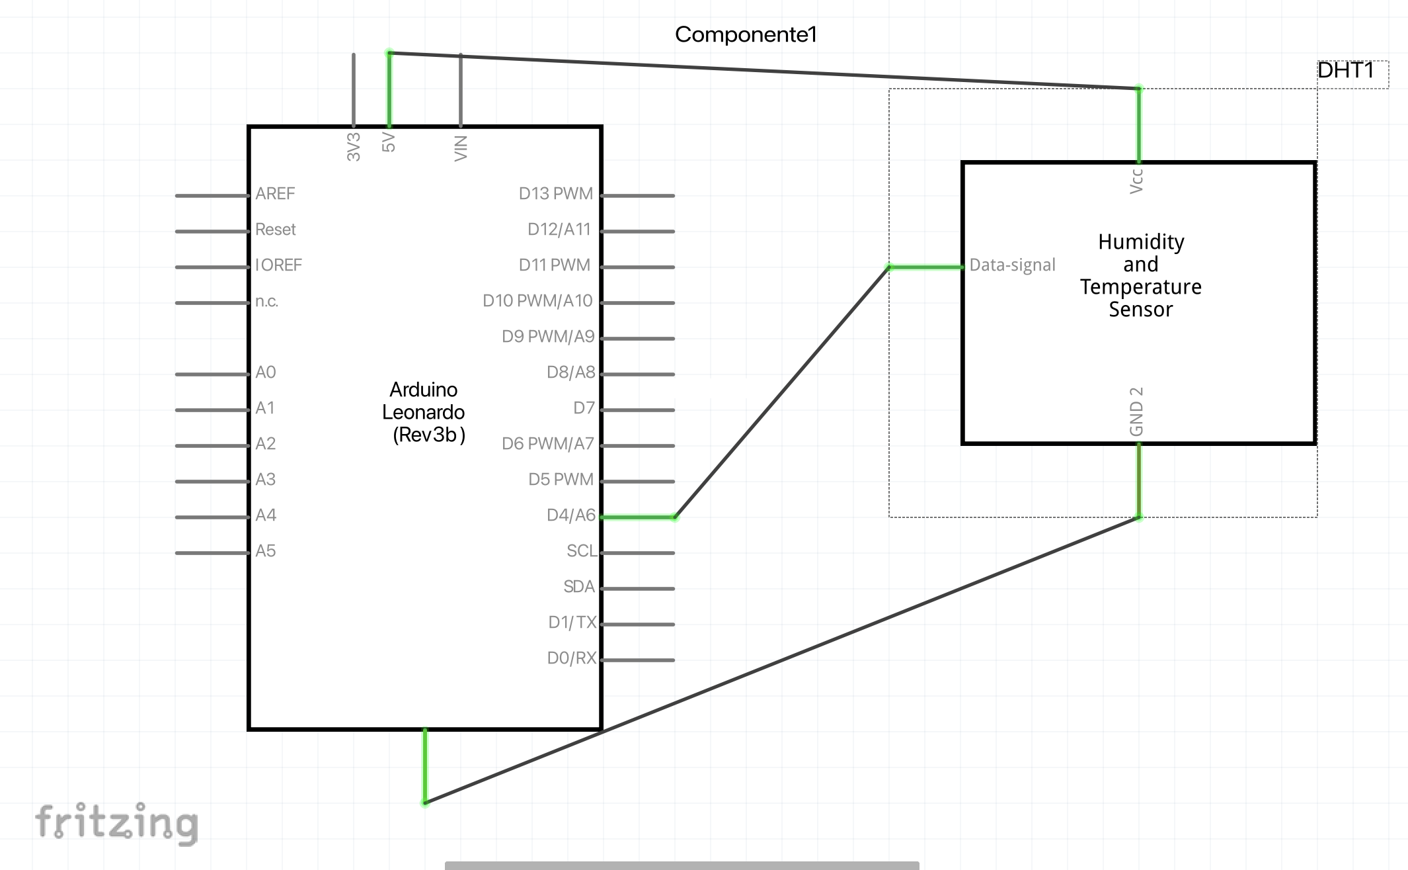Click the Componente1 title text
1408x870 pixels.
746,34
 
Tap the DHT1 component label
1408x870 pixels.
1346,70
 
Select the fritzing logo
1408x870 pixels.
117,823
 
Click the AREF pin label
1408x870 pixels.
275,194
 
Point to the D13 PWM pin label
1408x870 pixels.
556,194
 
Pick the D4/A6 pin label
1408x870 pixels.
571,515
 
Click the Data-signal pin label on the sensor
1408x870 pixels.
1012,265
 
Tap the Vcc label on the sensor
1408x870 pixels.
1136,181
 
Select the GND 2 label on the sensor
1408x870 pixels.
1136,412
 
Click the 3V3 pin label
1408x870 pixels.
354,147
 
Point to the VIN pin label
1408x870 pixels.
461,148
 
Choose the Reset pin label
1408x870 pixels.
276,230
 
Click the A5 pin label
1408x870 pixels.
266,551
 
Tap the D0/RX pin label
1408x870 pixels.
572,658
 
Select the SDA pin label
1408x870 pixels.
579,587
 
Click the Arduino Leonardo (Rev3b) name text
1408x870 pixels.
424,412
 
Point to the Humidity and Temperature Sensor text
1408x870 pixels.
1141,275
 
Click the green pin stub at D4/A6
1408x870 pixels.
638,517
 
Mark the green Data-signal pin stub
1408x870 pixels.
926,267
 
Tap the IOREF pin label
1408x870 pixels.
278,265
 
